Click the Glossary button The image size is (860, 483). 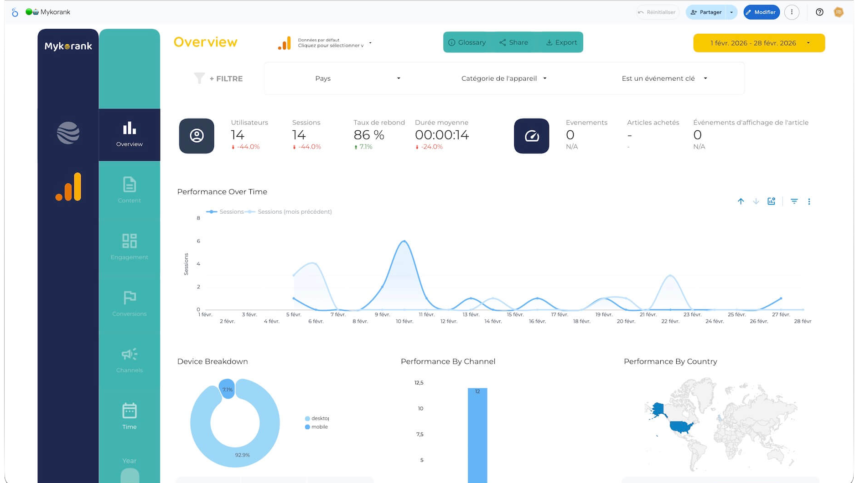point(467,42)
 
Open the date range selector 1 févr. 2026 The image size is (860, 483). point(758,43)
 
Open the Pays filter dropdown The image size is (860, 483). point(357,78)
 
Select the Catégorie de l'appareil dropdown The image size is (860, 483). point(503,78)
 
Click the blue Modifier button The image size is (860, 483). point(761,12)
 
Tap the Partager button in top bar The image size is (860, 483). point(706,12)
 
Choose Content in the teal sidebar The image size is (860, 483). point(129,190)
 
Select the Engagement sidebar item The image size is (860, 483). point(129,247)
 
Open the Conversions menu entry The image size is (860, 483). point(129,303)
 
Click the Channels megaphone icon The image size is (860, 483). point(129,354)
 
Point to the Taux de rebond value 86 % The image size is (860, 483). point(368,135)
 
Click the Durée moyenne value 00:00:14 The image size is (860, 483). point(441,135)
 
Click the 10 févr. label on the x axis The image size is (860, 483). point(404,321)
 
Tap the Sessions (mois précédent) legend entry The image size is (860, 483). point(294,212)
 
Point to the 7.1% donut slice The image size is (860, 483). point(227,389)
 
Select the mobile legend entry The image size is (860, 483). point(319,427)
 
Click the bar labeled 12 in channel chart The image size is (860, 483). point(477,433)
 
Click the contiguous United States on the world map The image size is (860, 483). point(681,427)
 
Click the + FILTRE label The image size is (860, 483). point(226,79)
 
